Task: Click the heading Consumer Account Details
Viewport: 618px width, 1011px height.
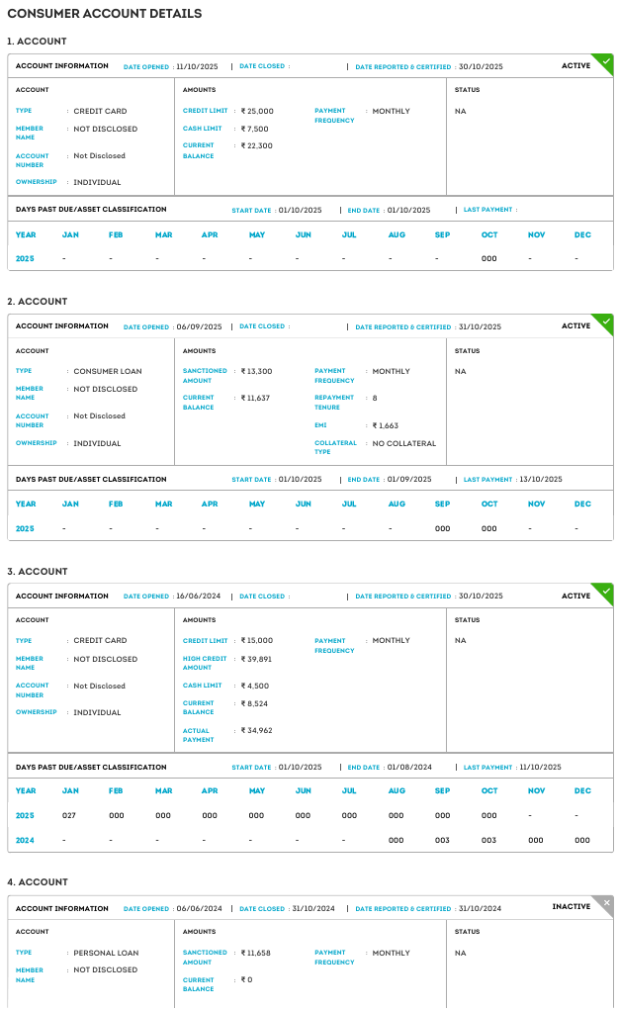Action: pyautogui.click(x=104, y=14)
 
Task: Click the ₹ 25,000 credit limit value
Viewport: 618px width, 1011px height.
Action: pyautogui.click(x=258, y=112)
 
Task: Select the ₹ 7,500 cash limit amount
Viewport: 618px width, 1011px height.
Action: pyautogui.click(x=256, y=129)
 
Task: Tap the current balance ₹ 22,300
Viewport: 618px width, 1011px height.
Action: pyautogui.click(x=258, y=146)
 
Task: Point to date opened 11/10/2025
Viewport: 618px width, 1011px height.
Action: pyautogui.click(x=197, y=66)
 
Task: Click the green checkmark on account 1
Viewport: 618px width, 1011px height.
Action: pyautogui.click(x=605, y=61)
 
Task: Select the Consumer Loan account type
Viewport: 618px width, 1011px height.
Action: pyautogui.click(x=108, y=372)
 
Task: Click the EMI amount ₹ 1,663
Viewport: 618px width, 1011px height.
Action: pyautogui.click(x=386, y=425)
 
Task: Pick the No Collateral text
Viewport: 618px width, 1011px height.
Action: pyautogui.click(x=404, y=443)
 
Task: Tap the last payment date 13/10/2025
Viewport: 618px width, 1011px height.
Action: pyautogui.click(x=541, y=479)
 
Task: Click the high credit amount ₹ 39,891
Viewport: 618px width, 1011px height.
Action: pyautogui.click(x=257, y=659)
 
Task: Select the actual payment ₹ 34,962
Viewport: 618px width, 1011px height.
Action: pyautogui.click(x=257, y=730)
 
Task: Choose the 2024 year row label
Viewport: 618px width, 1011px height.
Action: pyautogui.click(x=25, y=840)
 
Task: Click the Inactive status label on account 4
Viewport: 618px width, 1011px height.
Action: pyautogui.click(x=571, y=907)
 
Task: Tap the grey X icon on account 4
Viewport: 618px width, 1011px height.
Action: pyautogui.click(x=606, y=902)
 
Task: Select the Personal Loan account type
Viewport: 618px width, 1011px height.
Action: pyautogui.click(x=106, y=954)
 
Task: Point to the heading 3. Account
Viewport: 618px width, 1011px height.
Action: pyautogui.click(x=38, y=572)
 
